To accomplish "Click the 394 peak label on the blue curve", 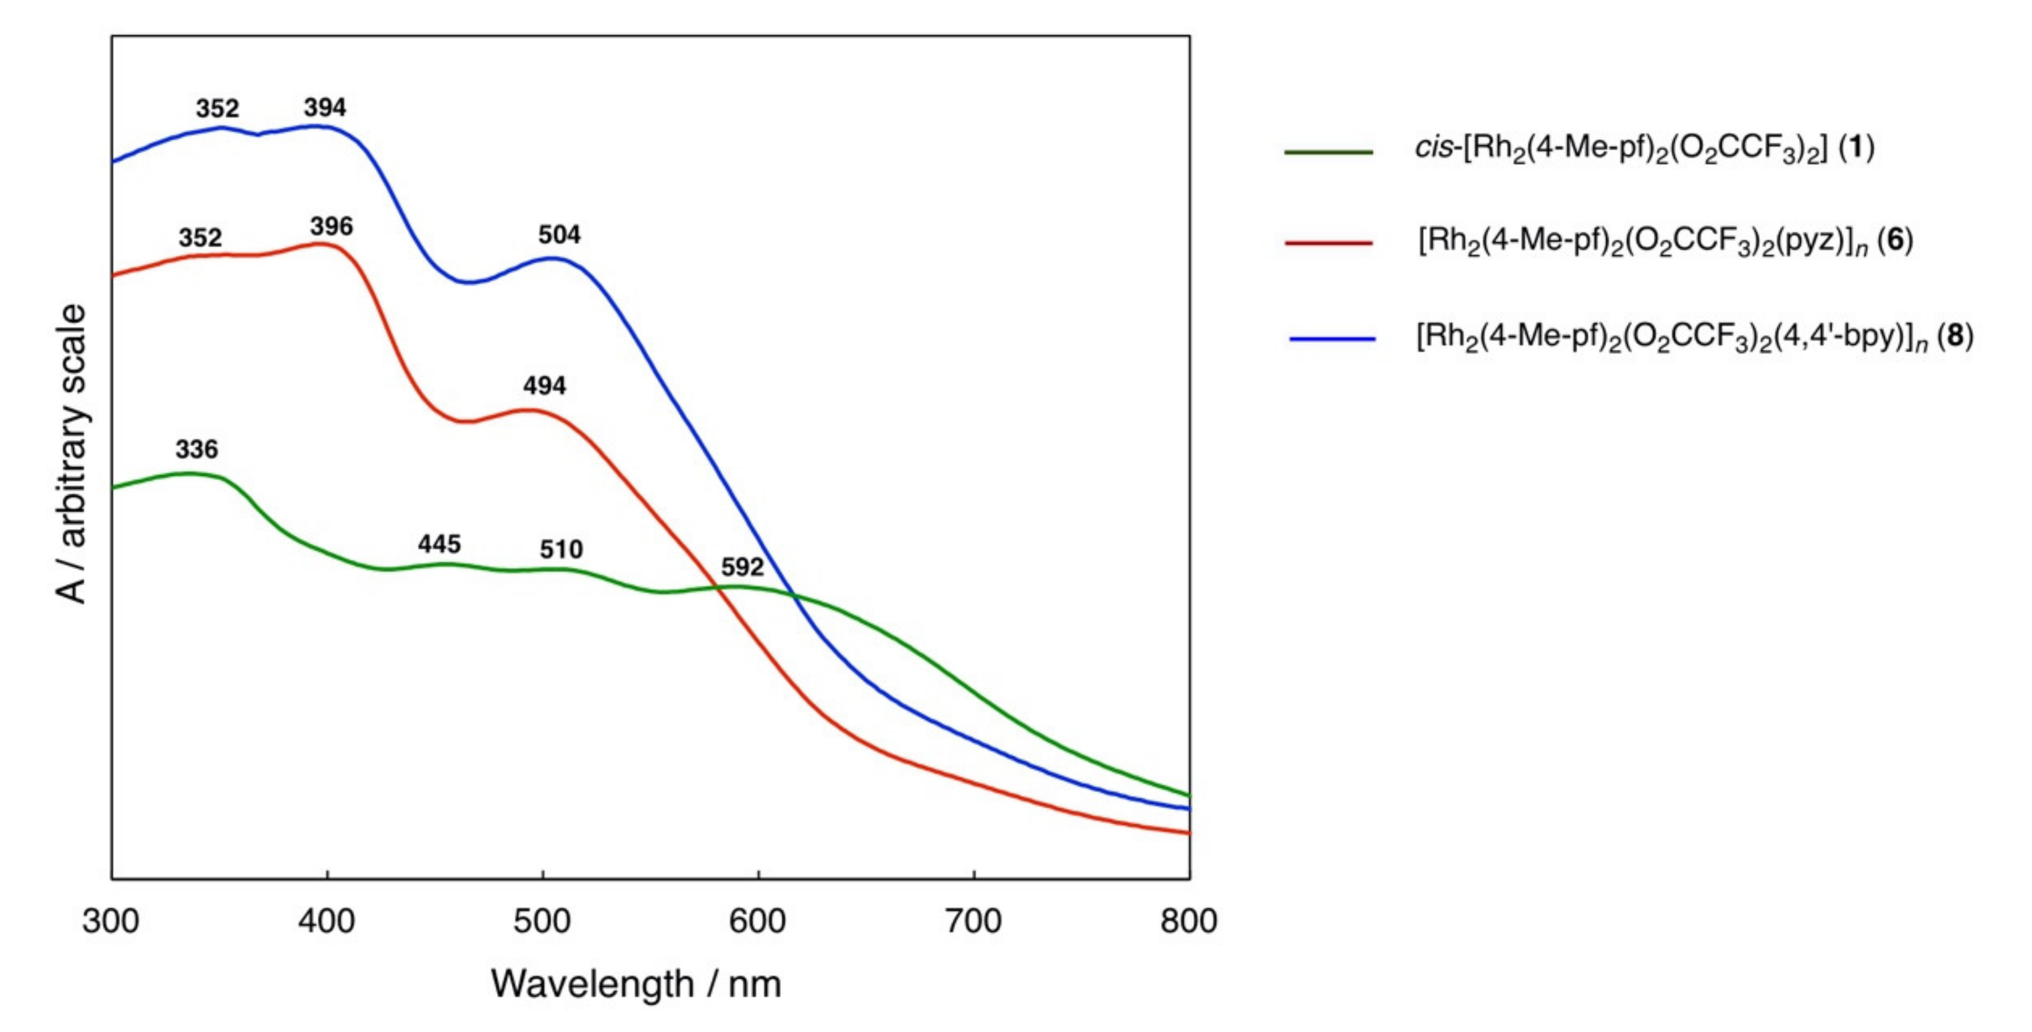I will point(325,107).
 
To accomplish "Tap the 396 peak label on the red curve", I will point(331,227).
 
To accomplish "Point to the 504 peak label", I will point(559,235).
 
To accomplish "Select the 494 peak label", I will point(544,386).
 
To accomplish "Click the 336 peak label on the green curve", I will point(196,449).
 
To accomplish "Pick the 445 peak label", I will point(440,544).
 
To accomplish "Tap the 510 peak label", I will point(561,550).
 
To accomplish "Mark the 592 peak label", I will point(742,567).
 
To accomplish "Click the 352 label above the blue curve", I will point(218,108).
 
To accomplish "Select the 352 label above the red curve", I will point(201,238).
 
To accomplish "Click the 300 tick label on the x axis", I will point(110,921).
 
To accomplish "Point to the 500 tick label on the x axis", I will point(542,921).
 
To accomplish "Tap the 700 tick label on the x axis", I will point(973,921).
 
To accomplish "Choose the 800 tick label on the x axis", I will point(1189,921).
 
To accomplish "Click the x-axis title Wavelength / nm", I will point(636,984).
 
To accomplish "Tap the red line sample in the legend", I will point(1328,243).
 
